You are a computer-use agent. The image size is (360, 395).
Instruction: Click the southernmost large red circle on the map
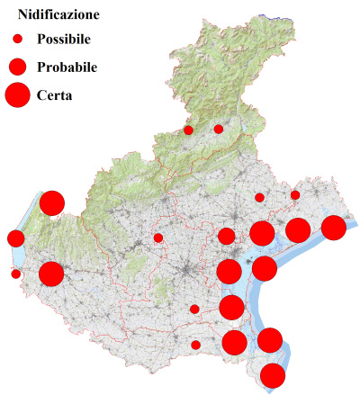pyautogui.click(x=273, y=375)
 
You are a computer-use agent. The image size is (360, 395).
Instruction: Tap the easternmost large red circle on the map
pyautogui.click(x=334, y=228)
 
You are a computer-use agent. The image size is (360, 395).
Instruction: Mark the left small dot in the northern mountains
pyautogui.click(x=188, y=130)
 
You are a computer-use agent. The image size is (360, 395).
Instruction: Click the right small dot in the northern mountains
pyautogui.click(x=219, y=129)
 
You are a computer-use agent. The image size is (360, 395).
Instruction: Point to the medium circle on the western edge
pyautogui.click(x=15, y=238)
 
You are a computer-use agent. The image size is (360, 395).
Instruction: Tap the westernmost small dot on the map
pyautogui.click(x=15, y=274)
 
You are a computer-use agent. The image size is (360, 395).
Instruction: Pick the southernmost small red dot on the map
pyautogui.click(x=195, y=345)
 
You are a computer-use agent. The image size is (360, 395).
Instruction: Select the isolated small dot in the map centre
pyautogui.click(x=158, y=238)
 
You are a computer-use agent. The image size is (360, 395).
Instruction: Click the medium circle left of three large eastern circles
pyautogui.click(x=226, y=237)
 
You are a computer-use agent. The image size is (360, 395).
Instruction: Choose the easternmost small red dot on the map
pyautogui.click(x=295, y=194)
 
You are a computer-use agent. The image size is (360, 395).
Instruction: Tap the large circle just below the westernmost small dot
pyautogui.click(x=51, y=274)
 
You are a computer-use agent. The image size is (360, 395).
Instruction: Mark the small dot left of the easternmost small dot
pyautogui.click(x=259, y=197)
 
